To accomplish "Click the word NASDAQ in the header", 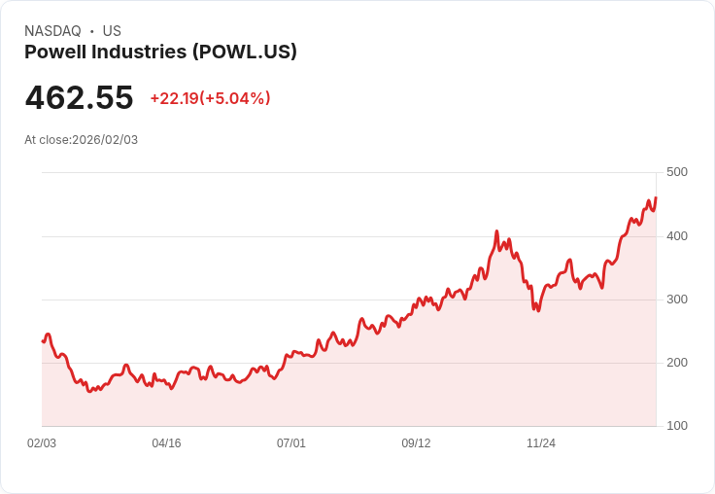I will [52, 31].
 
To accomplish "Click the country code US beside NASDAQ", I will [112, 31].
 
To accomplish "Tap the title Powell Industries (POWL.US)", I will [160, 53].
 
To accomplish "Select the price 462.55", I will [79, 98].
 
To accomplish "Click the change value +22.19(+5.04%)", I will [210, 98].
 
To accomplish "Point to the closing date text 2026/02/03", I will [105, 140].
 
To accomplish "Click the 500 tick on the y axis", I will [676, 172].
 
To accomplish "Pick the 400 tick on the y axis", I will [676, 236].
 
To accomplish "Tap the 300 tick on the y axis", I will [676, 300].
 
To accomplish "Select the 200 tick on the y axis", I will [676, 363].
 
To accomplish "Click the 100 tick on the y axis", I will [676, 426].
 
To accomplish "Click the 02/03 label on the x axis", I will [42, 443].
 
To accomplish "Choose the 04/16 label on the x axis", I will [166, 443].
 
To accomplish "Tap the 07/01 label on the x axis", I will [291, 443].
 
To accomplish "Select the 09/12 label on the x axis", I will [416, 443].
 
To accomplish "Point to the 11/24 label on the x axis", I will [541, 443].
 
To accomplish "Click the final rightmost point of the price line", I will [656, 197].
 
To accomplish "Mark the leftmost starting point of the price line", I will [43, 341].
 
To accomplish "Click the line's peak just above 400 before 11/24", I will [496, 231].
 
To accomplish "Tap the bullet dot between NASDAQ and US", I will [92, 31].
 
